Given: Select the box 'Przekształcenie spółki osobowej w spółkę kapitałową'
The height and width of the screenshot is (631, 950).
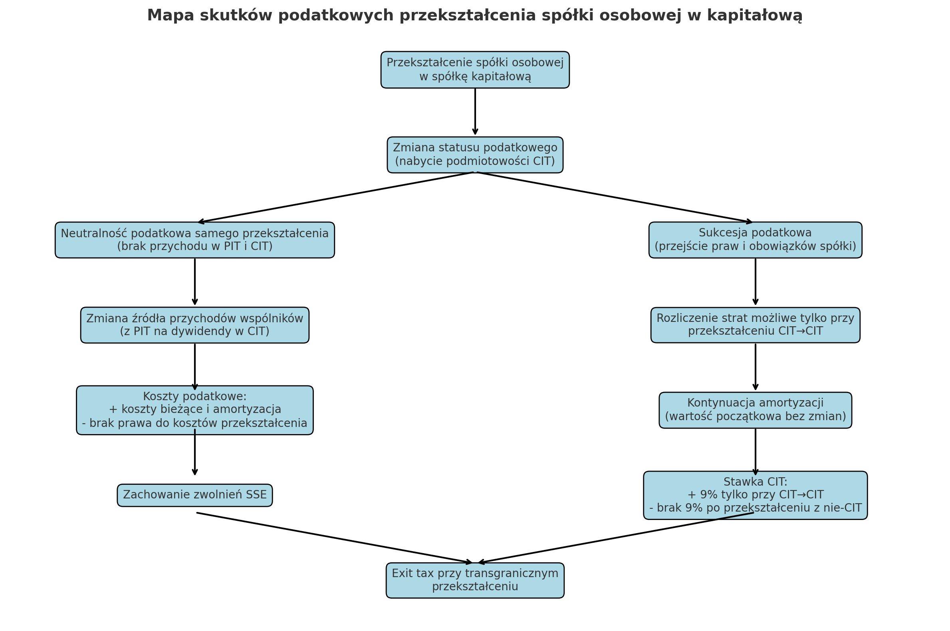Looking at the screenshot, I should coord(475,69).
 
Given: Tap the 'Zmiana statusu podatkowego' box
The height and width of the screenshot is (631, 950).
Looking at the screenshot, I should coord(475,155).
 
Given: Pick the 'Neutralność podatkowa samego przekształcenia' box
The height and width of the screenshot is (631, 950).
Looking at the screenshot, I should coord(195,240).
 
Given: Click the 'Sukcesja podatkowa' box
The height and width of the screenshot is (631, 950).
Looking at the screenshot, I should coord(755,240).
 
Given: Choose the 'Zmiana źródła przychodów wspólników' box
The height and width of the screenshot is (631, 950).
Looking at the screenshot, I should coord(195,325).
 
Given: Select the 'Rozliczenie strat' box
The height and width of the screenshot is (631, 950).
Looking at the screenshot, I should coord(755,325).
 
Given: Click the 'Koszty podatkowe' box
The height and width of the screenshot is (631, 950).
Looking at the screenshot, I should coord(195,410).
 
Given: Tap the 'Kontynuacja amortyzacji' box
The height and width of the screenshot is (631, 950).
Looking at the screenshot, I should coord(755,410).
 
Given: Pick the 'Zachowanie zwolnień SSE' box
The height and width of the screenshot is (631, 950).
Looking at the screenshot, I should coord(195,495).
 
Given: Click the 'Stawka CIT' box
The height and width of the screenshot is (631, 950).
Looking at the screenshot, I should coord(755,495).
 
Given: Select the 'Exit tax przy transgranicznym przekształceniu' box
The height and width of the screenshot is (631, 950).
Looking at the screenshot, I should coord(475,580).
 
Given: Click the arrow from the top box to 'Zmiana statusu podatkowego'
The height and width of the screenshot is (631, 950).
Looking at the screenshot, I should coord(475,111).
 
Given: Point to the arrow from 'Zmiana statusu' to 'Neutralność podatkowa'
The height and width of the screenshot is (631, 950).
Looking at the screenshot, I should coord(336,197).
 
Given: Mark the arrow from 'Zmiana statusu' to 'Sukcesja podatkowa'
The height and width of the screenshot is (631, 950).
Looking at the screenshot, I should coord(615,197).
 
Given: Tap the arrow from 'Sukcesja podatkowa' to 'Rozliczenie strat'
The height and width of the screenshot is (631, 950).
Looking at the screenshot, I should coord(755,282).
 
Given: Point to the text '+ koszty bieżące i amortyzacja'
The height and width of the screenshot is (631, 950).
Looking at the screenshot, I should coord(195,409).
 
